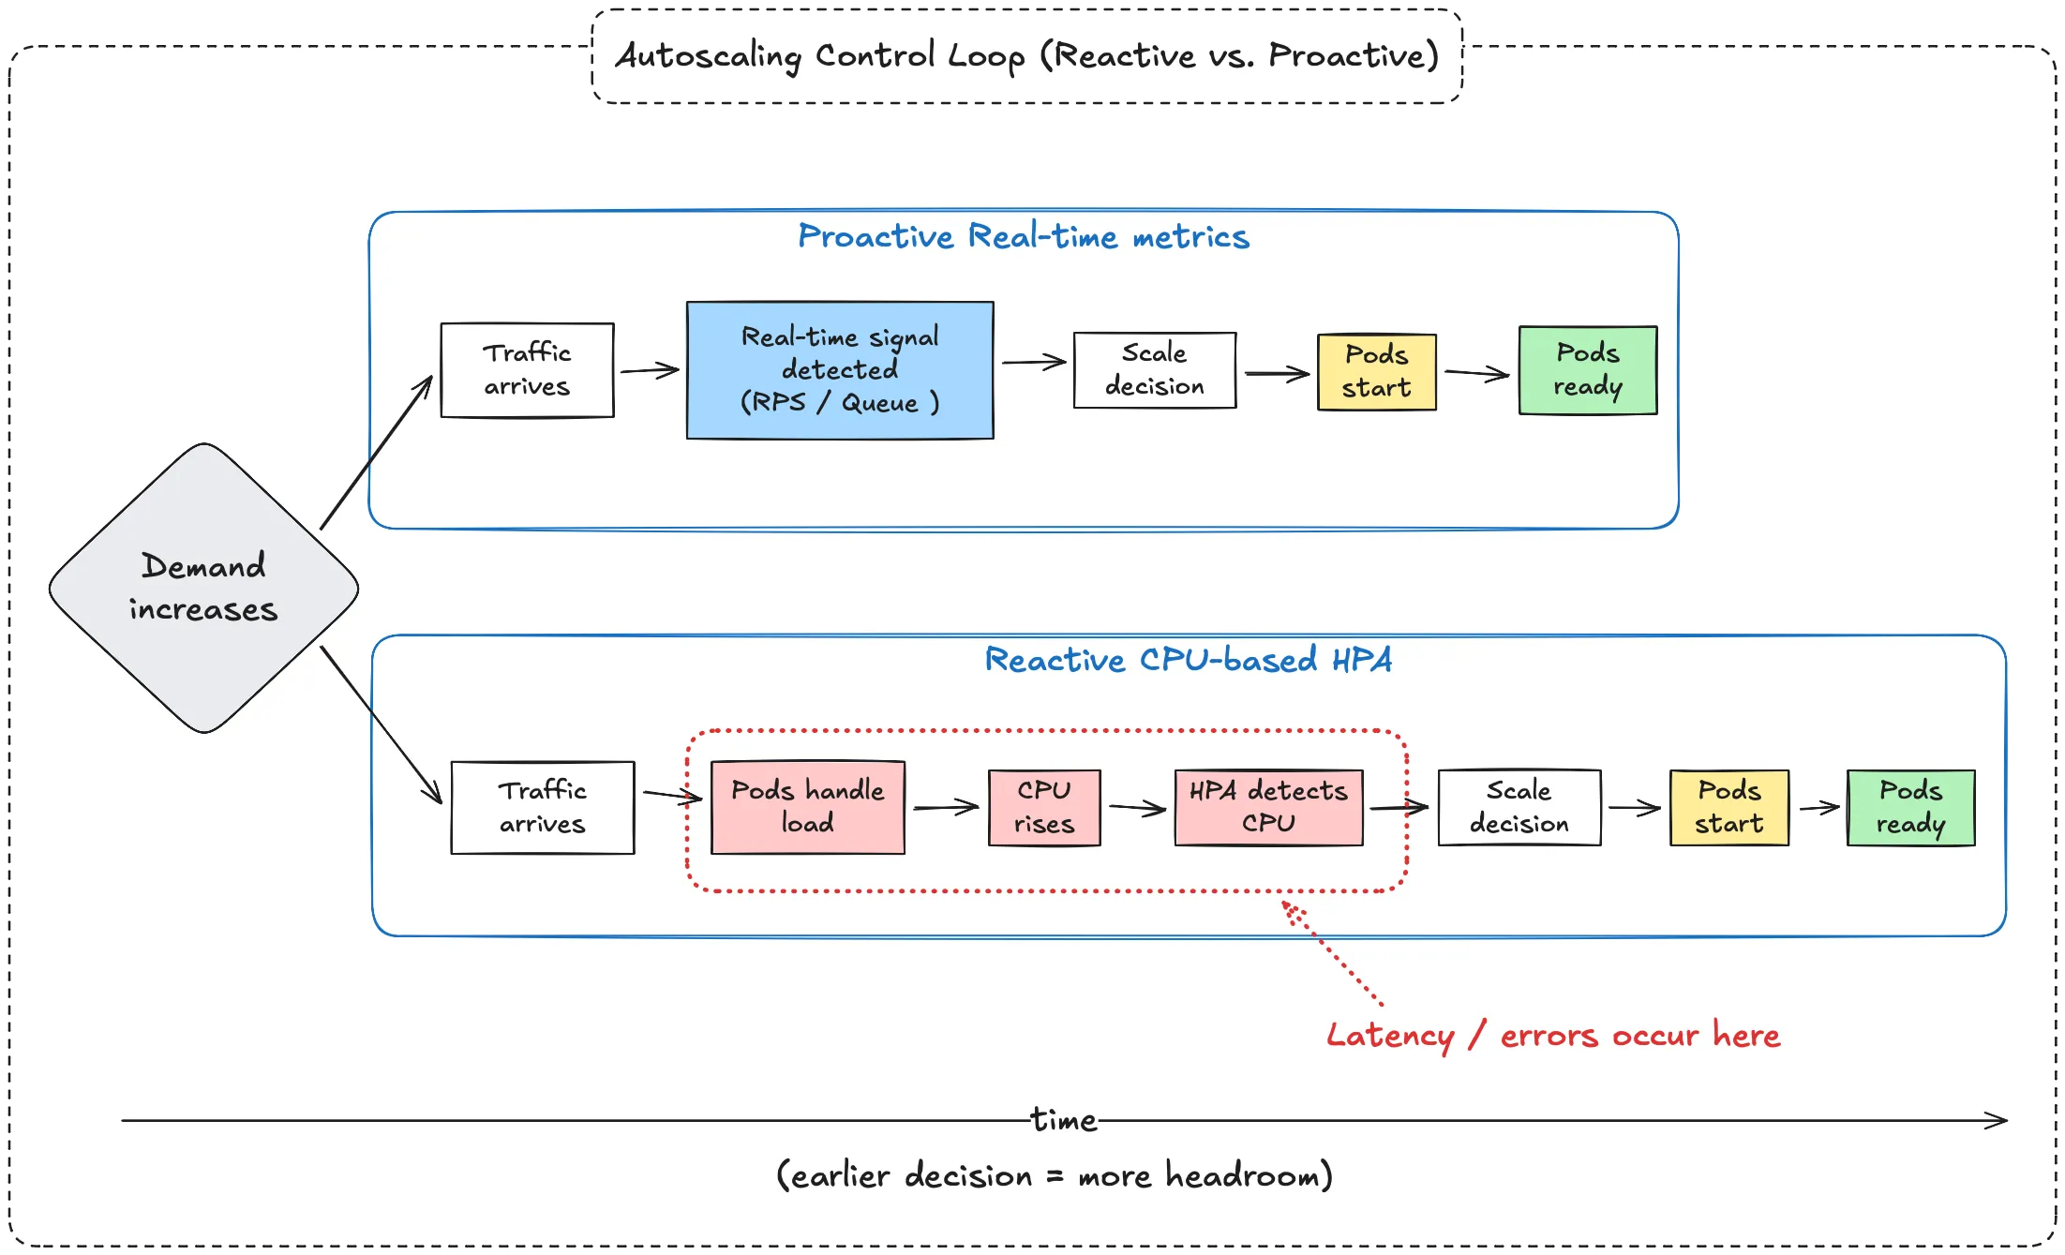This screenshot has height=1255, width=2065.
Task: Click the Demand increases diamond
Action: [203, 588]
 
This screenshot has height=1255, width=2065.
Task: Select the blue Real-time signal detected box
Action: [840, 370]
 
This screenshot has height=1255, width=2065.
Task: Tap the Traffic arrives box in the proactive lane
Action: [527, 370]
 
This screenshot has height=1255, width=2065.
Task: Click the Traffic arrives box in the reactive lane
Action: [542, 807]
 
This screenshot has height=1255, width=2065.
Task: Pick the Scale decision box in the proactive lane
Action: [1154, 370]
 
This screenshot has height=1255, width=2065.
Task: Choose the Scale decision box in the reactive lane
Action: [1519, 807]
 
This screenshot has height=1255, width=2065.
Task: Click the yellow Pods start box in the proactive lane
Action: [1376, 372]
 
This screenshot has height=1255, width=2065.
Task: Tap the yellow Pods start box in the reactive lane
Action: [1728, 807]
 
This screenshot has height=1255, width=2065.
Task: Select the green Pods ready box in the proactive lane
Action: [1587, 370]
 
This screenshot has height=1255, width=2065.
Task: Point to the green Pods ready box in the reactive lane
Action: [1910, 807]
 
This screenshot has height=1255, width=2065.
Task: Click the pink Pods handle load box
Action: [807, 807]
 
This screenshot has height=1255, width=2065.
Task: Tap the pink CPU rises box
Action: [1043, 807]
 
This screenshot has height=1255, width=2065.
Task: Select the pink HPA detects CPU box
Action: [1268, 807]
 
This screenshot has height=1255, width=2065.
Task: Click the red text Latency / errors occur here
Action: [1552, 1036]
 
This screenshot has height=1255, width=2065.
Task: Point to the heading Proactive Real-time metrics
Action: [1023, 237]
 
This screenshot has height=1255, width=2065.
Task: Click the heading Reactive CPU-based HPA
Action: [1188, 660]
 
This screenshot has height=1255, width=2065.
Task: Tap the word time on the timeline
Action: [1063, 1120]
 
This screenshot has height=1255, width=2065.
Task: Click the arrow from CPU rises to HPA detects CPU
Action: [1137, 807]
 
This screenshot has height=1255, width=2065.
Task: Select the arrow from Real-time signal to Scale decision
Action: [1033, 362]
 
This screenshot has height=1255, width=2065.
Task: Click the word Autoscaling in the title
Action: [708, 56]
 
